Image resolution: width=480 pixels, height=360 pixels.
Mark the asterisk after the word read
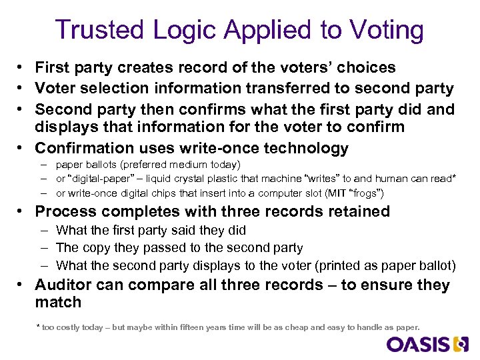(x=453, y=177)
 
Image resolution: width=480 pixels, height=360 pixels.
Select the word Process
(x=63, y=211)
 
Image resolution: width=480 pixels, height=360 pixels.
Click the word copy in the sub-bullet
(x=96, y=248)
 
